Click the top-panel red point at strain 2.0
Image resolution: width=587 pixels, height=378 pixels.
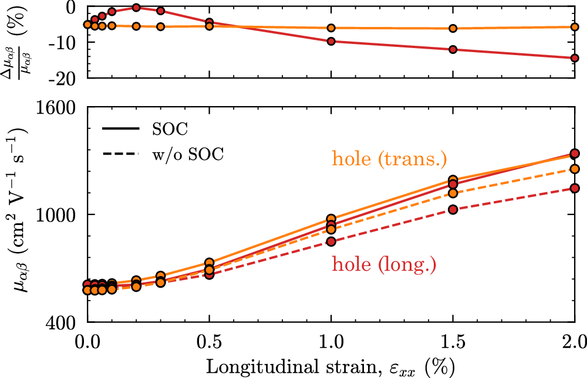pos(575,58)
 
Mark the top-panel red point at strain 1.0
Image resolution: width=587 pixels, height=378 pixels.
pos(331,41)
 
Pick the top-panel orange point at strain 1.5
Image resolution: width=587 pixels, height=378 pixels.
pos(453,28)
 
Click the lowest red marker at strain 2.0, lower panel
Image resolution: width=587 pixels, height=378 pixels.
pos(575,188)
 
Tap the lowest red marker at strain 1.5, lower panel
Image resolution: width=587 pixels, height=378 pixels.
pos(453,209)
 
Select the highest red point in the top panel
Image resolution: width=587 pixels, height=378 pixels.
pos(136,8)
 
